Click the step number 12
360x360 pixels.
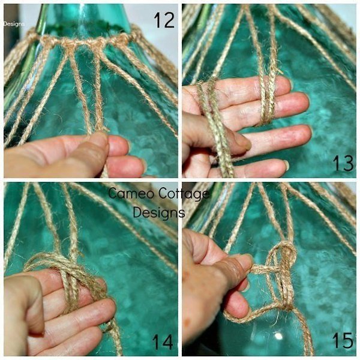[x=164, y=20]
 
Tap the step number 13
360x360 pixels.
[x=343, y=163]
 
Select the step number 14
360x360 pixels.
[x=163, y=342]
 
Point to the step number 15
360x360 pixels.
[x=342, y=341]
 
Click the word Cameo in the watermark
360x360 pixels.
[x=131, y=193]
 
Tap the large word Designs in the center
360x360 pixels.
[x=159, y=212]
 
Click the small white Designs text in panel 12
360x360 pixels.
[x=14, y=24]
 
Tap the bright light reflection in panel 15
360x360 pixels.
[x=278, y=337]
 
